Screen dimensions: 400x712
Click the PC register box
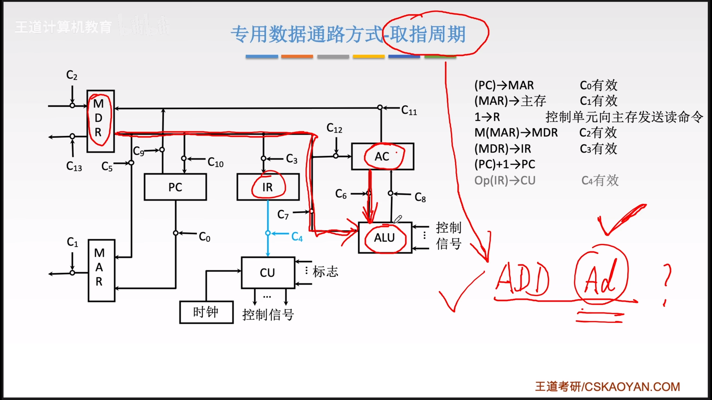[175, 187]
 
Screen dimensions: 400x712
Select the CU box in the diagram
[268, 272]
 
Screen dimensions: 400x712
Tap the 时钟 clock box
[206, 312]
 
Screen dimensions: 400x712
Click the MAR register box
[101, 270]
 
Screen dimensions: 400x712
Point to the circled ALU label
[385, 238]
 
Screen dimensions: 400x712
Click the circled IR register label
[268, 187]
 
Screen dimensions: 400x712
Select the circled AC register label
[382, 156]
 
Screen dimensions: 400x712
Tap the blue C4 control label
[297, 237]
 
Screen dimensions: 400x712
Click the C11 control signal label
[409, 111]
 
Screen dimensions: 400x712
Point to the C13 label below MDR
[74, 167]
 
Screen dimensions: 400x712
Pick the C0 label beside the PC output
[204, 237]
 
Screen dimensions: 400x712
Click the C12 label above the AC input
[334, 128]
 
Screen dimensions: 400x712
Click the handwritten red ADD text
[522, 279]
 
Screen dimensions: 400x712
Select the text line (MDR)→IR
[503, 149]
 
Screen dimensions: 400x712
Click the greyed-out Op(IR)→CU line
[505, 181]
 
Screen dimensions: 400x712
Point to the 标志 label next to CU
[325, 271]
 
